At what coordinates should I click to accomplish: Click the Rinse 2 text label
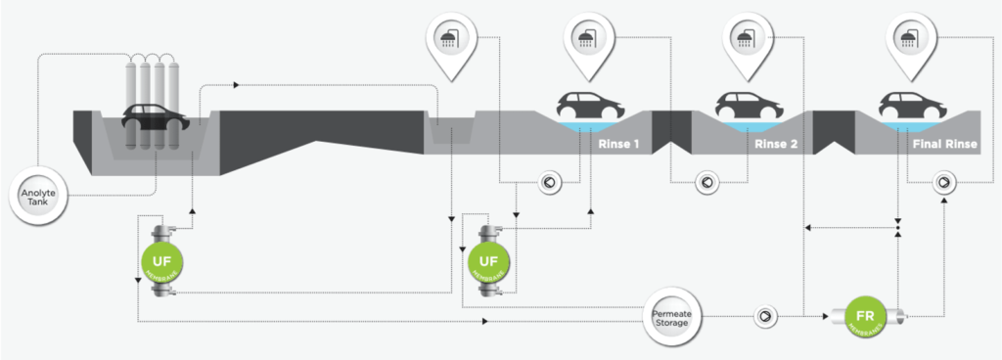tap(778, 145)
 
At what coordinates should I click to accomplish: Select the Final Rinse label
tap(944, 145)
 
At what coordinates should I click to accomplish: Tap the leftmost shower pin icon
tap(451, 40)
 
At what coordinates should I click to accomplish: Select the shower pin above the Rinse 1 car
tap(588, 40)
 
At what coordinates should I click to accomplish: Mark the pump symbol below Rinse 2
tap(706, 181)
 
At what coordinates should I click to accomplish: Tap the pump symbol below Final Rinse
tap(944, 181)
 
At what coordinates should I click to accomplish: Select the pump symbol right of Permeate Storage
tap(763, 316)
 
